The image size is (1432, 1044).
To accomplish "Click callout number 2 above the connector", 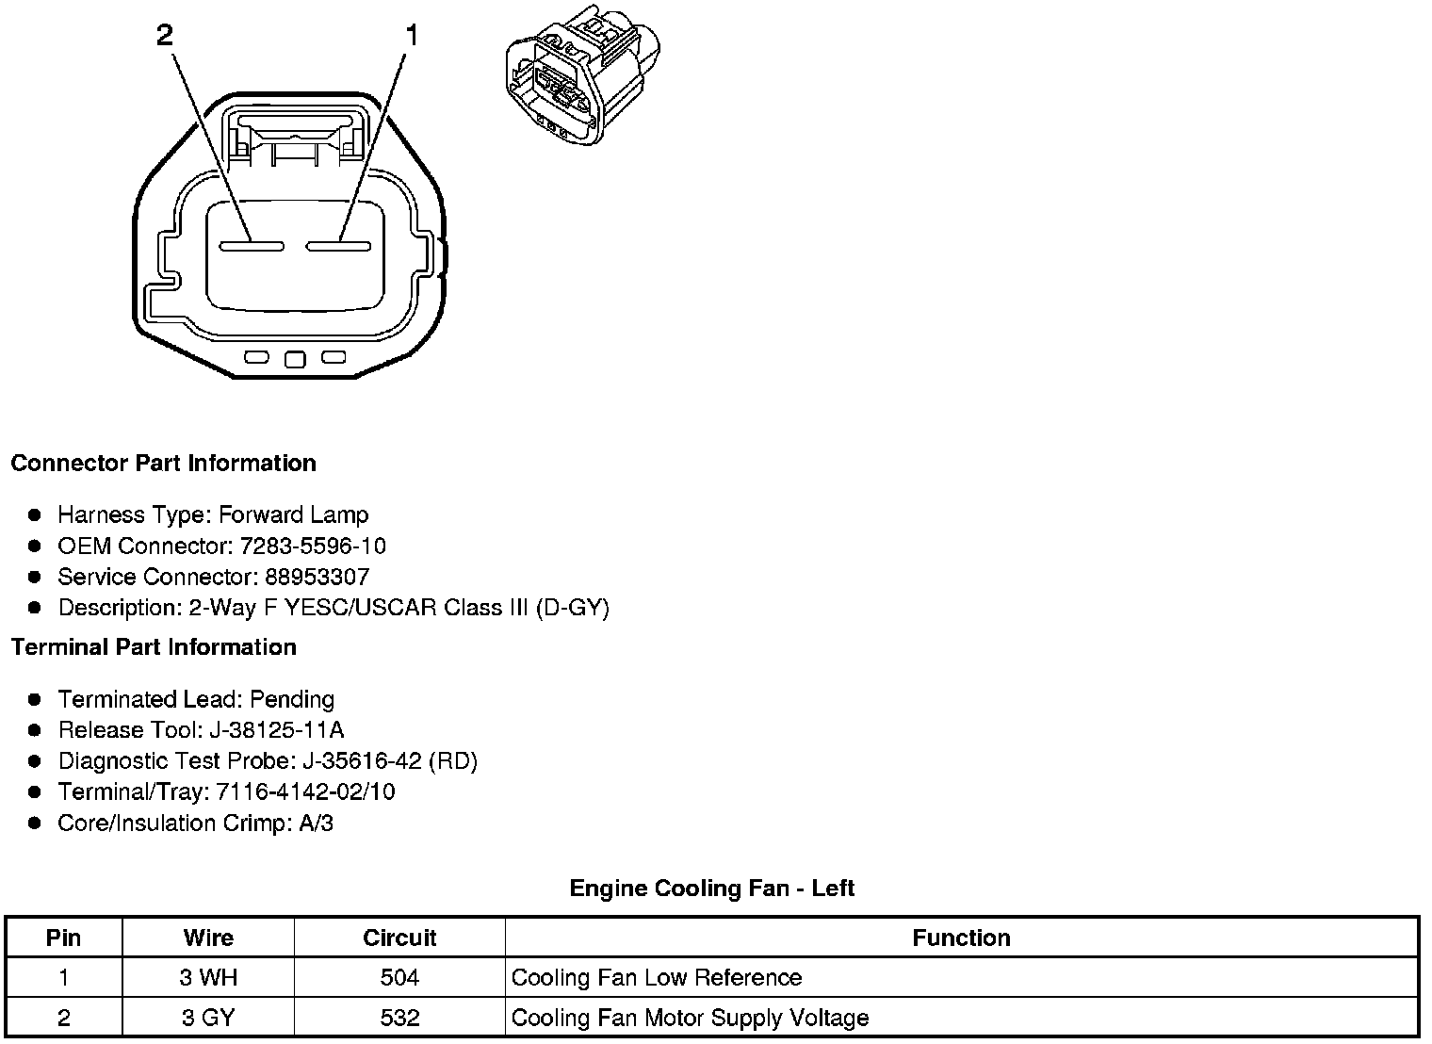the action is pos(165,36).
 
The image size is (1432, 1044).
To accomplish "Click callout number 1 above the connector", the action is pos(411,36).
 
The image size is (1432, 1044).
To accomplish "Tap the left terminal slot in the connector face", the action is pos(252,247).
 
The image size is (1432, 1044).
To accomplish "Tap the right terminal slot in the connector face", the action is pos(338,247).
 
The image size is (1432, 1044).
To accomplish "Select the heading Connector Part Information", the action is pos(163,464).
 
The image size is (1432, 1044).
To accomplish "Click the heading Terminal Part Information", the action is pos(154,647).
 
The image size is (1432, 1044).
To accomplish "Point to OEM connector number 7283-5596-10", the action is pos(313,546).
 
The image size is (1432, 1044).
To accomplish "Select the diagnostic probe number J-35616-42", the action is pos(361,761).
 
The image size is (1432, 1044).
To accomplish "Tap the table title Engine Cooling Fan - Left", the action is pos(712,889).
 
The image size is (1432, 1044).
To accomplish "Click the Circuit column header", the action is pos(399,938).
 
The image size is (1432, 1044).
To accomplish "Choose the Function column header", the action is pos(961,938).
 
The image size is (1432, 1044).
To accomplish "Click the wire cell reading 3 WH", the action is pos(208,978).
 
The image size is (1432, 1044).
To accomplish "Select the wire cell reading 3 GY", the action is pos(208,1019).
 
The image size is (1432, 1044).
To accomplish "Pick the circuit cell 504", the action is pos(399,978).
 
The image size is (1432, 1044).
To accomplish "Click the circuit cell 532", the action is pos(399,1019).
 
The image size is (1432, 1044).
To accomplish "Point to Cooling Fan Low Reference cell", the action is pos(657,978).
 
